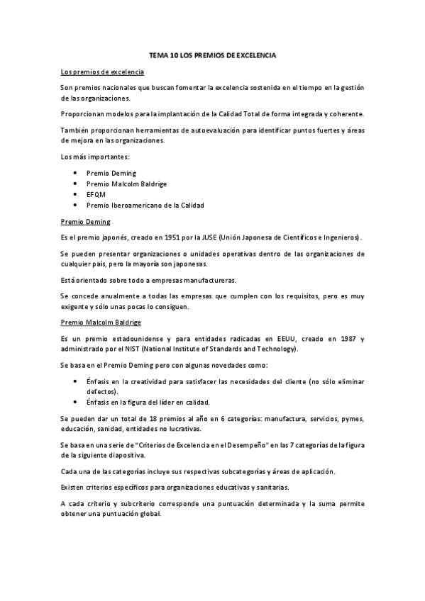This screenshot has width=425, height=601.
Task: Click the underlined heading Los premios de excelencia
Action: tap(103, 72)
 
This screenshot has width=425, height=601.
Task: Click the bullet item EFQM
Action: tap(96, 194)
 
